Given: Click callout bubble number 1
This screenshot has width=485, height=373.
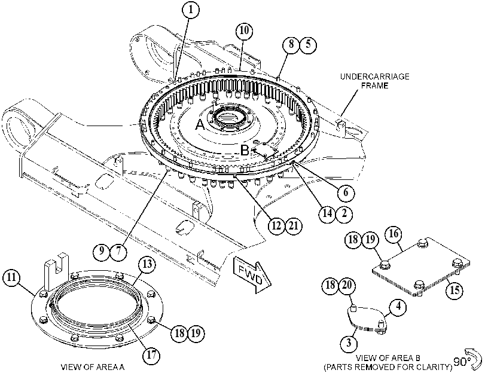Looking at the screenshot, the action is pos(191,10).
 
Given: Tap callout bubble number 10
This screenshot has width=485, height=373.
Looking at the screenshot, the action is pos(244,30).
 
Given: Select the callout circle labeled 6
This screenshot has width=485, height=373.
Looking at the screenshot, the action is pos(346,192).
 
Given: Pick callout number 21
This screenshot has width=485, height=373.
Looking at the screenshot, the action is pos(294,226).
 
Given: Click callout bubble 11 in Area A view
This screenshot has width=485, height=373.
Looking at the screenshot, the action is pos(11,277).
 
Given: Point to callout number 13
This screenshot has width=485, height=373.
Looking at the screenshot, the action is pos(147,264).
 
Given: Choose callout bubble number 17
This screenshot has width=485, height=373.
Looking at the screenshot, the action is pos(151,354).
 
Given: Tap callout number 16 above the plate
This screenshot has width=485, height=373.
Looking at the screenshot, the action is pos(394,234).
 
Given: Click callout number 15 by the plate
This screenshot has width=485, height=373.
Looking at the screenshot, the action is pos(454,291).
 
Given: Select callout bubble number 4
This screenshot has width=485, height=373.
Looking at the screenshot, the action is pos(398,307).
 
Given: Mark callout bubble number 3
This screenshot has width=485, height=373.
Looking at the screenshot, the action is pos(349,343).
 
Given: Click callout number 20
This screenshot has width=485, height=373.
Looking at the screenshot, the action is pos(347,285).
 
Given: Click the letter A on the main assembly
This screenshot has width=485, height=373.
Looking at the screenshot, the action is pos(200,125).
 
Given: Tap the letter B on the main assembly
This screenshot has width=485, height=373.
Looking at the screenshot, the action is pos(245,151).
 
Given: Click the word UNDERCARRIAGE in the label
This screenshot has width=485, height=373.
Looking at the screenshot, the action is pos(374,77).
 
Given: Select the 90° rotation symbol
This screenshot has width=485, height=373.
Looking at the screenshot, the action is pos(468,359).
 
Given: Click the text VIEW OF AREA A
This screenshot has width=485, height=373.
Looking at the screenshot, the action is pos(93,367).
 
